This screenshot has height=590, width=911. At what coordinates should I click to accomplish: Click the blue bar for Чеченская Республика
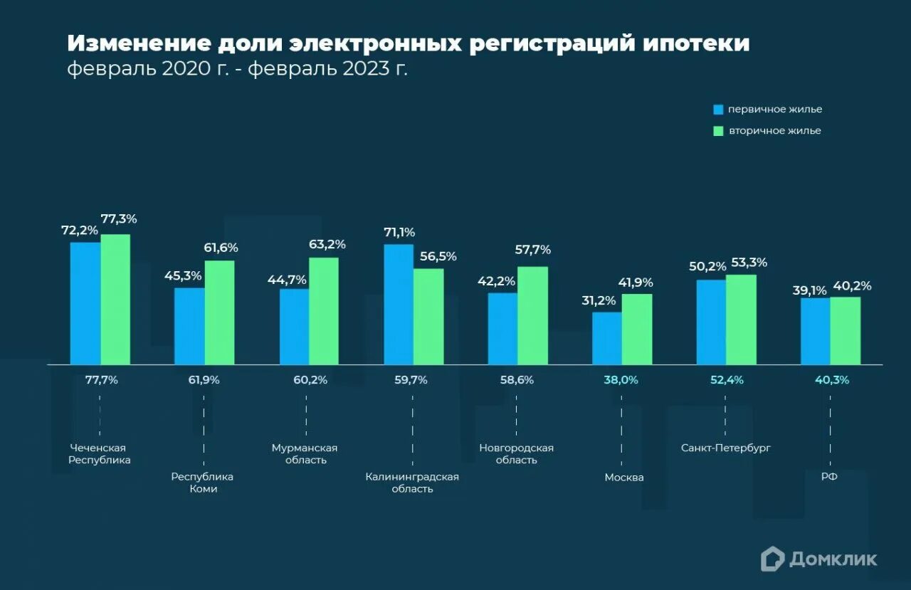click(x=85, y=303)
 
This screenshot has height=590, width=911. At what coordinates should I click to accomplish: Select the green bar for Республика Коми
click(x=219, y=312)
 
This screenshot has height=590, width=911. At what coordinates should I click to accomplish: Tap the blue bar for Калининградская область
click(x=399, y=304)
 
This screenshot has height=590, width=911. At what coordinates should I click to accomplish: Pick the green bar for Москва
click(x=636, y=329)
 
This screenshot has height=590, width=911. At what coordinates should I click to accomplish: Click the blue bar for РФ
click(x=815, y=331)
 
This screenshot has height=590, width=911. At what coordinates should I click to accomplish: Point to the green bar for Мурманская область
click(x=323, y=310)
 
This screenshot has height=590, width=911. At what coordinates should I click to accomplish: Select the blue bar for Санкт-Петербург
click(x=711, y=322)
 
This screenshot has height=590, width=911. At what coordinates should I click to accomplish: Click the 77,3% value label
click(x=119, y=219)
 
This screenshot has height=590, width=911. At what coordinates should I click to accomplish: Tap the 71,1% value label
click(x=399, y=232)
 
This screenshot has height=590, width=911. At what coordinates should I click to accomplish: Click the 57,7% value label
click(x=533, y=250)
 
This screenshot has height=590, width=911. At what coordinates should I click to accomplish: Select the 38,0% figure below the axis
click(x=621, y=380)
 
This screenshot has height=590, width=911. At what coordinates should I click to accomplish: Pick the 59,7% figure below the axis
click(x=411, y=380)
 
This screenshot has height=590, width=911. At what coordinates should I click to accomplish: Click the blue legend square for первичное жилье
click(x=718, y=110)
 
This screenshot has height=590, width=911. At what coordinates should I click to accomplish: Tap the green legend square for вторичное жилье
click(x=718, y=131)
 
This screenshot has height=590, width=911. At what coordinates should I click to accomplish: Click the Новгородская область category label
click(x=516, y=454)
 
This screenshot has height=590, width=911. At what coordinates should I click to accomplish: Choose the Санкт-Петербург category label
click(x=725, y=448)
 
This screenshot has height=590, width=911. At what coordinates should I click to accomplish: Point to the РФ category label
click(x=829, y=477)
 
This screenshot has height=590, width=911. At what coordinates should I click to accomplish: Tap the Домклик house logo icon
click(x=772, y=559)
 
